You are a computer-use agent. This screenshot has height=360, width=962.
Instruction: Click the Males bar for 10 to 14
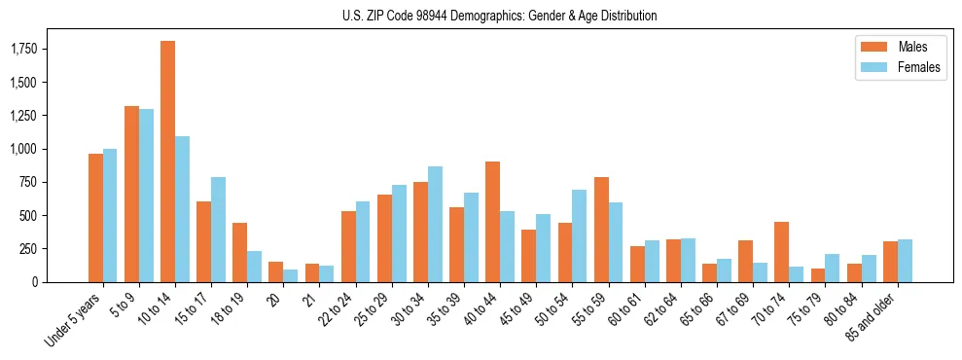tap(168, 162)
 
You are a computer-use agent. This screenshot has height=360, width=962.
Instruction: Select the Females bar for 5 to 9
tap(146, 196)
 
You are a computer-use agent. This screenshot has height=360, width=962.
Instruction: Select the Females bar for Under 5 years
tap(110, 215)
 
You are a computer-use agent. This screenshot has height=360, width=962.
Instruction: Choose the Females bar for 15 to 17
tap(219, 230)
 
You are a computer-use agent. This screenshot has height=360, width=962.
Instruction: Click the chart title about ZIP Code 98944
tap(499, 16)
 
